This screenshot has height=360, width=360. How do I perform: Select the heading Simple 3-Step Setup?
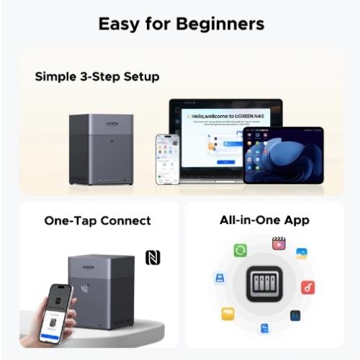click(97, 76)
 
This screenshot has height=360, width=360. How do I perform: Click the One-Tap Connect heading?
click(97, 220)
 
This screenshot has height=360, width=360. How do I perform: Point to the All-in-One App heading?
click(264, 220)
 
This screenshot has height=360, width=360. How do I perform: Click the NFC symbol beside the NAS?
click(153, 257)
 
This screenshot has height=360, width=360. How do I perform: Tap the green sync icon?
click(240, 250)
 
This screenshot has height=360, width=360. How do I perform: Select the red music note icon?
click(308, 287)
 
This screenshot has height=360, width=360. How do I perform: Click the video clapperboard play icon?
click(279, 243)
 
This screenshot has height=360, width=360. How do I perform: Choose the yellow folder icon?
click(228, 314)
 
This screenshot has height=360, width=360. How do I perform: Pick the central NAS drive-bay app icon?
click(264, 284)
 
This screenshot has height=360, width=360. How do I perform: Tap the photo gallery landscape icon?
click(302, 253)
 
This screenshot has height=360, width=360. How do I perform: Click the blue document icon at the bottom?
click(264, 328)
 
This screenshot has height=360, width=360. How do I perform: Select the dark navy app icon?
click(295, 315)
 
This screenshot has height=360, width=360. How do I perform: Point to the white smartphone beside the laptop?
click(167, 158)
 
